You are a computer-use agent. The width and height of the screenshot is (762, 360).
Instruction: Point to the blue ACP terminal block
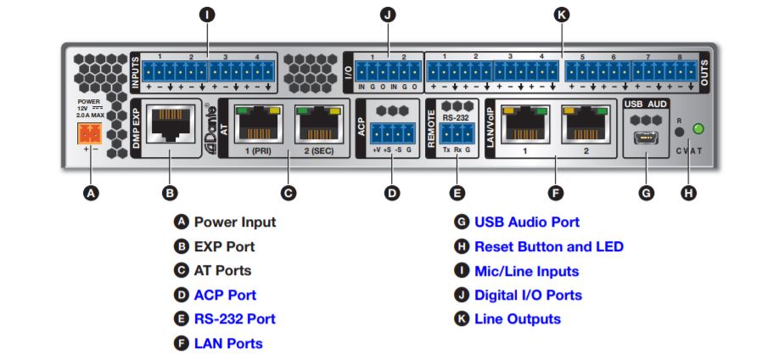[x=391, y=133]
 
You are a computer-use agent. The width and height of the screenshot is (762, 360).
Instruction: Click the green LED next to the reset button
[x=698, y=130]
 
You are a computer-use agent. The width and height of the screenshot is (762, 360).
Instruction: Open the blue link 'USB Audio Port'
[x=526, y=222]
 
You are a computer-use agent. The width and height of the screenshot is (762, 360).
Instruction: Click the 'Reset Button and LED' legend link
[x=548, y=246]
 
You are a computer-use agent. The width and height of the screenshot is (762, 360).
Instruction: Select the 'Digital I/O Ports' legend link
[x=528, y=295]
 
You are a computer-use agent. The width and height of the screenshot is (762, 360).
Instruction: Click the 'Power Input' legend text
[x=235, y=222]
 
